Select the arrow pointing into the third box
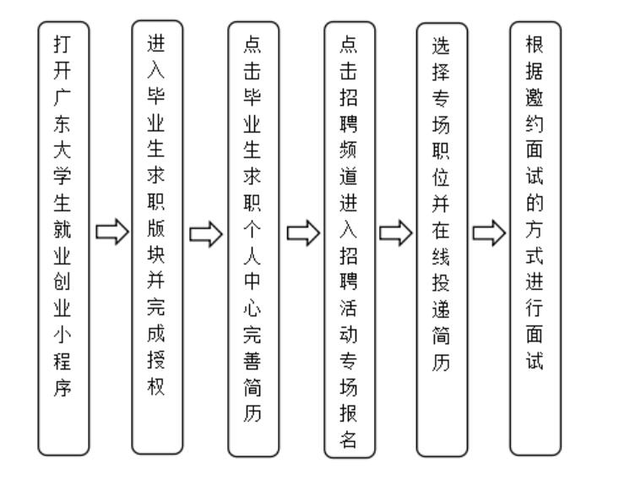coord(205,231)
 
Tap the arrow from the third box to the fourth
coord(300,231)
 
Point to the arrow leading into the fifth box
coord(394,231)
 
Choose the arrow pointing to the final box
coord(489,231)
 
